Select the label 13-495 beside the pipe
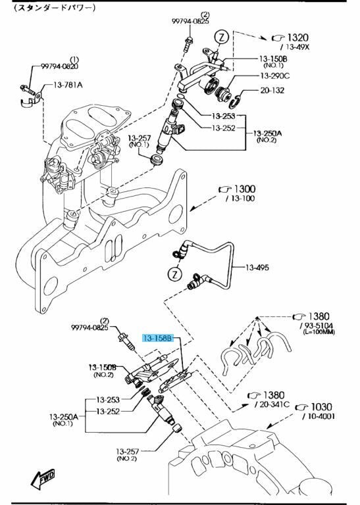coord(257,268)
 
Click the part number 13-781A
coord(68,85)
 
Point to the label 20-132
coord(272,90)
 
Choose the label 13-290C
coord(275,76)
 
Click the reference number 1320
coord(297,37)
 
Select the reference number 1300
coord(245,189)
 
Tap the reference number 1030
coord(321,407)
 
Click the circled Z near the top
coord(222,37)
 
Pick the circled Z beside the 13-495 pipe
coord(174,274)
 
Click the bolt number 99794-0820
coord(59,66)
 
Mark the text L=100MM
coord(319,332)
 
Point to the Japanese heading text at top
coord(55,8)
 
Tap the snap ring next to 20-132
coord(235,101)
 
